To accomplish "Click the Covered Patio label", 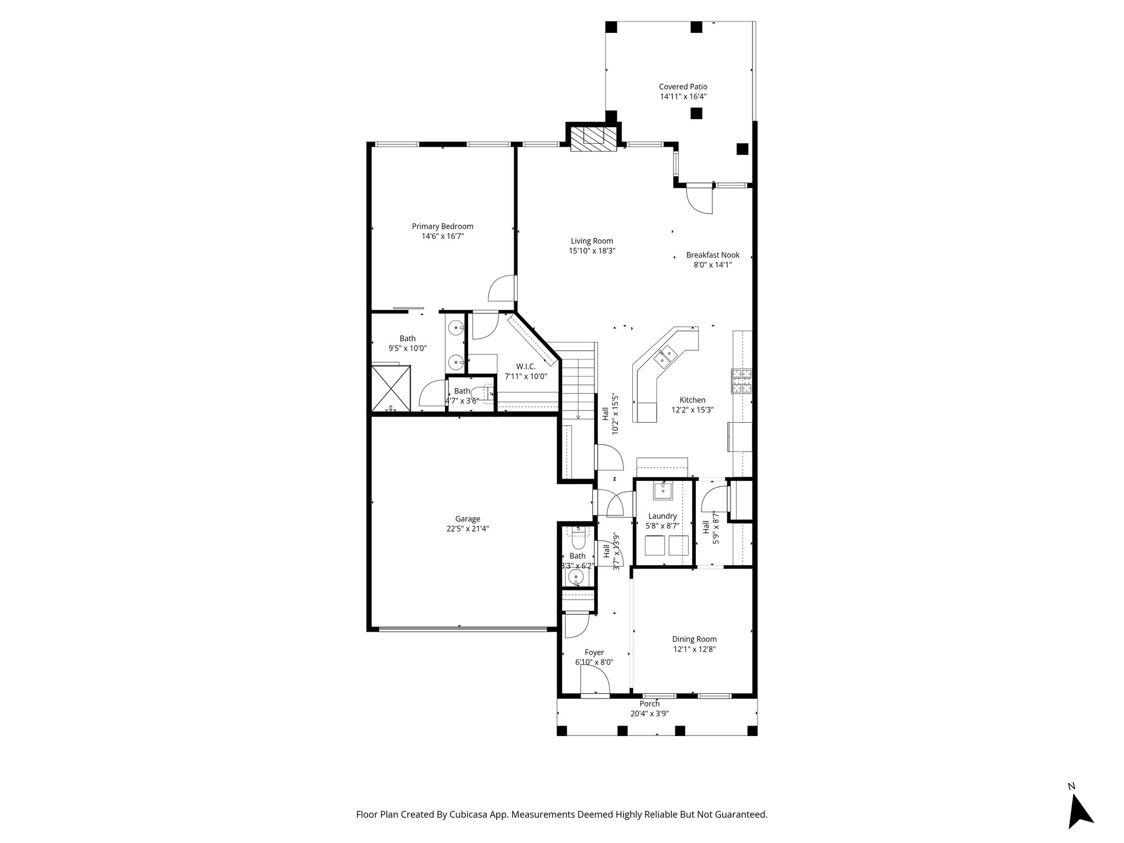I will click(x=683, y=87).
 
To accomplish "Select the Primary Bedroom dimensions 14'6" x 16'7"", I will click(x=442, y=237).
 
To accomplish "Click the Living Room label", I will click(x=592, y=241).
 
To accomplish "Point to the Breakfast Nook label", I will click(x=712, y=255).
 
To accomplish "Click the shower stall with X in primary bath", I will click(x=391, y=387).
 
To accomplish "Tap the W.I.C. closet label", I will click(x=525, y=367).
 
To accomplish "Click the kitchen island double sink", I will click(x=667, y=355).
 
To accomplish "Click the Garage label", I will click(x=468, y=519).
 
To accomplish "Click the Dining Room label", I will click(x=694, y=639).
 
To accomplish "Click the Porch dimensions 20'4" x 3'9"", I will click(x=649, y=714).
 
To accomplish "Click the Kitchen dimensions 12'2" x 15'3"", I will click(x=692, y=409).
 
